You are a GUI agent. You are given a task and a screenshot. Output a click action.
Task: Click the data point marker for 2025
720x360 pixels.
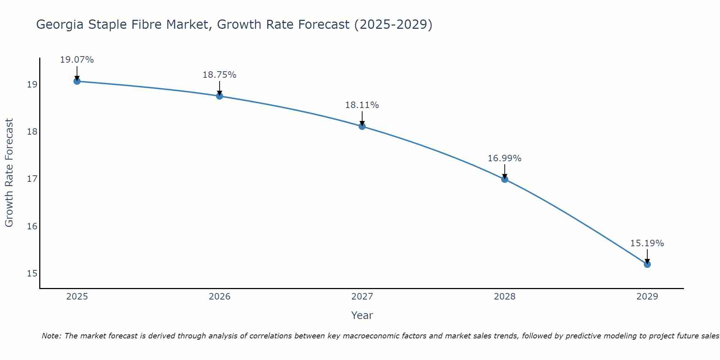pyautogui.click(x=77, y=81)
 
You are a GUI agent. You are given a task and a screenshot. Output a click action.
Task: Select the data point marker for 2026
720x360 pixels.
pyautogui.click(x=219, y=96)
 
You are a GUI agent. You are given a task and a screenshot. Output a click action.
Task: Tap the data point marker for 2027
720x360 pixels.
pyautogui.click(x=362, y=126)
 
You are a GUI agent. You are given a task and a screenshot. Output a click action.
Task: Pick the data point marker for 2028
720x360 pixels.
pyautogui.click(x=505, y=179)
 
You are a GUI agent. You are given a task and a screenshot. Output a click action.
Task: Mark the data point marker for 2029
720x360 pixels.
pyautogui.click(x=647, y=264)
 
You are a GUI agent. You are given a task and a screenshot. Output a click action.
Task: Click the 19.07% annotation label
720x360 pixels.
pyautogui.click(x=77, y=60)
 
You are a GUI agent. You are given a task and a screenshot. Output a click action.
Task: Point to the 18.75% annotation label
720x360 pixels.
pyautogui.click(x=219, y=75)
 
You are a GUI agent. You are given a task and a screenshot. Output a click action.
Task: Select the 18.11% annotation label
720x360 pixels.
pyautogui.click(x=362, y=105)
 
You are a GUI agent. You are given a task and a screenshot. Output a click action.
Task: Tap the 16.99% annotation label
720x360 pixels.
pyautogui.click(x=505, y=158)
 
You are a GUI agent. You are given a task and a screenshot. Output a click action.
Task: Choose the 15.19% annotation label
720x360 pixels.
pyautogui.click(x=647, y=243)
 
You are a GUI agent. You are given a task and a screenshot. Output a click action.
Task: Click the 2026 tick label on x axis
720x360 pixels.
pyautogui.click(x=220, y=297)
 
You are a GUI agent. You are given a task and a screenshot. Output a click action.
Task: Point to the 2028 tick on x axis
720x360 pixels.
pyautogui.click(x=505, y=297)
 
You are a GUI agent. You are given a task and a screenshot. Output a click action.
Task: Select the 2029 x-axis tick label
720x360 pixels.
pyautogui.click(x=647, y=297)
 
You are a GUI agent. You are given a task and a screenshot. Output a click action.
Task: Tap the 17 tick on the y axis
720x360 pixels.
pyautogui.click(x=32, y=179)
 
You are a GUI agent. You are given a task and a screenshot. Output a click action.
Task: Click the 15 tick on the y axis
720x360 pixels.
pyautogui.click(x=32, y=274)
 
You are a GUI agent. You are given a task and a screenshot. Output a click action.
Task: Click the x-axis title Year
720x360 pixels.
pyautogui.click(x=362, y=315)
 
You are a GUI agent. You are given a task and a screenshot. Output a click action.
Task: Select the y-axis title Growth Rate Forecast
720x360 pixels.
pyautogui.click(x=9, y=173)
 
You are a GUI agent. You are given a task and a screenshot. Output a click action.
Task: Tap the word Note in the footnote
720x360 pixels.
pyautogui.click(x=51, y=336)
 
